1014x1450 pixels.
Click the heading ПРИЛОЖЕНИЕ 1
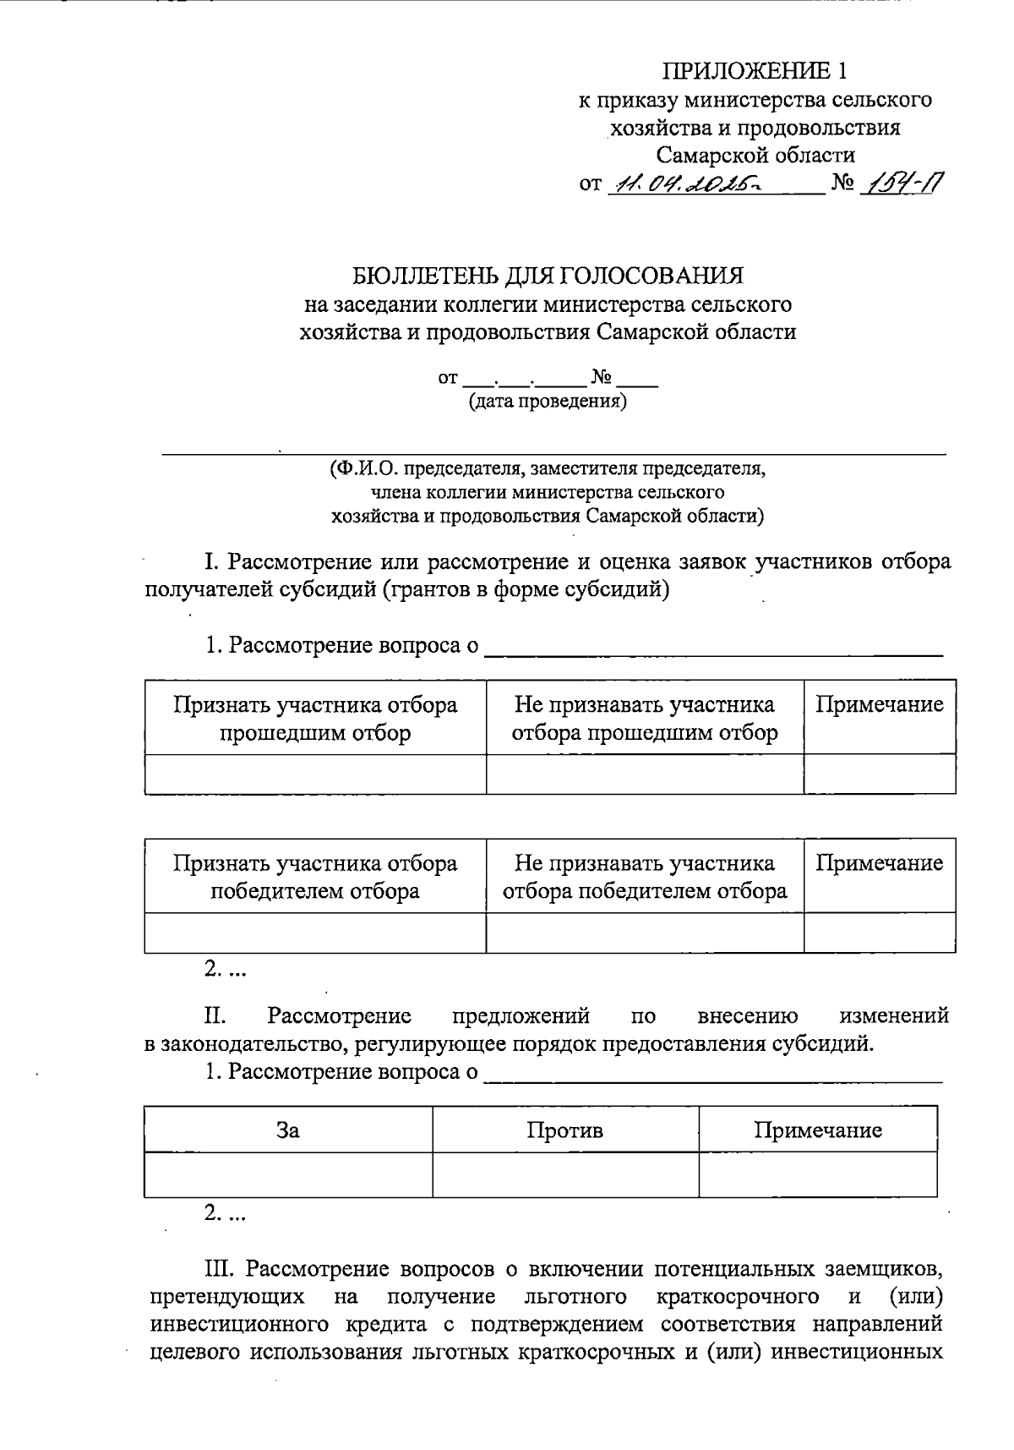point(754,70)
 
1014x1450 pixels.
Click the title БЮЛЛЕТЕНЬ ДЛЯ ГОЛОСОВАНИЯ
point(548,276)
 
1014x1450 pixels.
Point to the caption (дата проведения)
point(548,402)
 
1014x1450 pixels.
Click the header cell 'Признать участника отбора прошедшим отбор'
point(315,718)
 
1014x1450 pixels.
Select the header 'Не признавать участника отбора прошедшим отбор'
point(645,718)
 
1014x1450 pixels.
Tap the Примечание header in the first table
point(879,704)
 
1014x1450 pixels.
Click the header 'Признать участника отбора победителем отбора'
point(315,877)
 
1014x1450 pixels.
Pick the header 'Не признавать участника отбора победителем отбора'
point(645,877)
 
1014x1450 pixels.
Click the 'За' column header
point(288,1130)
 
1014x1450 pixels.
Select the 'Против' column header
point(564,1130)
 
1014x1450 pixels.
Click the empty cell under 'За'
point(288,1174)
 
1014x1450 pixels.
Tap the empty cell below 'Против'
point(564,1174)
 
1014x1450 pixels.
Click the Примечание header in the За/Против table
point(817,1130)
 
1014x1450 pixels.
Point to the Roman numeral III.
point(221,1268)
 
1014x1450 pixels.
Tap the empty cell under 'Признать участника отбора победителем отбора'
point(315,933)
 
